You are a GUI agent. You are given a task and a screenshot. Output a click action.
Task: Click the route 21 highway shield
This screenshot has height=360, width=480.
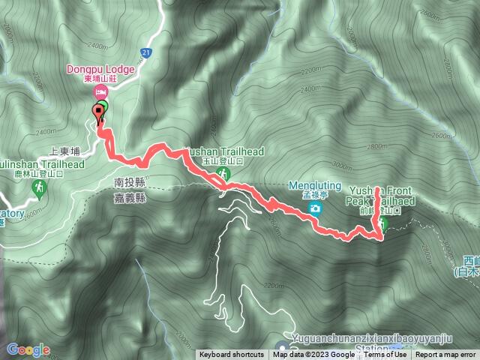pos(145,52)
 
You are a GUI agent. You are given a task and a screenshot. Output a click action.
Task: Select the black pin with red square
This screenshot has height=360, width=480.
pos(98,112)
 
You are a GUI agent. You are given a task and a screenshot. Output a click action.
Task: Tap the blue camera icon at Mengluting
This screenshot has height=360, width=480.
pos(316,207)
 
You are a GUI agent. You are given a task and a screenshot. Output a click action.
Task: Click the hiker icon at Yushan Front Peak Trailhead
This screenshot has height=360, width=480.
pos(382,224)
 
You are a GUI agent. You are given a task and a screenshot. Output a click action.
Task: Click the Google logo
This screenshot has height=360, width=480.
pos(28,349)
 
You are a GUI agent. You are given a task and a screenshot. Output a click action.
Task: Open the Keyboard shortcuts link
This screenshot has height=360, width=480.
pos(231,355)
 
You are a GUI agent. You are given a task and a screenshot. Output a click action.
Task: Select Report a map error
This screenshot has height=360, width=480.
pos(445,355)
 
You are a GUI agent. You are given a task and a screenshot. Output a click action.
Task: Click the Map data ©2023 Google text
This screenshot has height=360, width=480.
pos(313,355)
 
